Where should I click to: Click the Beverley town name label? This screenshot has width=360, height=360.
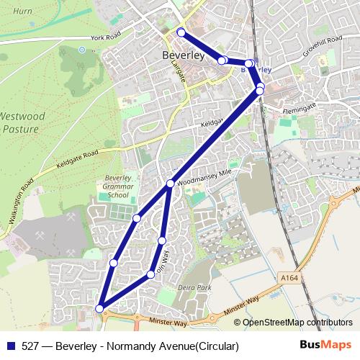[x=183, y=55]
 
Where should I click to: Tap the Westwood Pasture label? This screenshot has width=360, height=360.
[x=22, y=122]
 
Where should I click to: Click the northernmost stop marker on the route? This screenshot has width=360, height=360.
[x=181, y=32]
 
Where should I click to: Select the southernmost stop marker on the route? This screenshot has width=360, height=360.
[x=99, y=309]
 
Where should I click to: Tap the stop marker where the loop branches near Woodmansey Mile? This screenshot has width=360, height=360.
[x=170, y=184]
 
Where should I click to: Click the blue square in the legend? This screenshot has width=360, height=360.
[x=11, y=345]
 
